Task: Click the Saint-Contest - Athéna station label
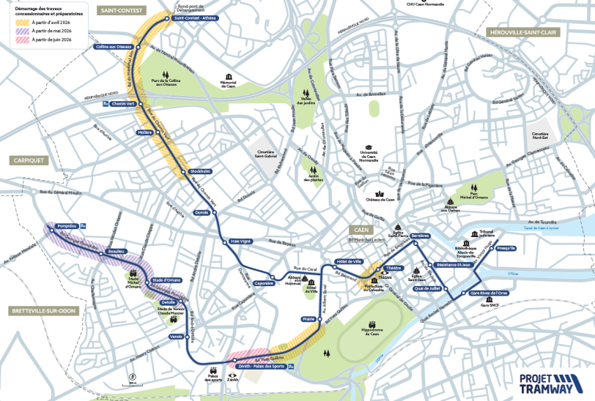196,18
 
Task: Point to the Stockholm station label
200,171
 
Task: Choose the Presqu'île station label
506,248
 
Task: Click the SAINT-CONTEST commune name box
122,10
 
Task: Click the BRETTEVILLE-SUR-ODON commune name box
42,311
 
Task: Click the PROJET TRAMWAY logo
547,384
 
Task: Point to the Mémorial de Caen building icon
231,77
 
